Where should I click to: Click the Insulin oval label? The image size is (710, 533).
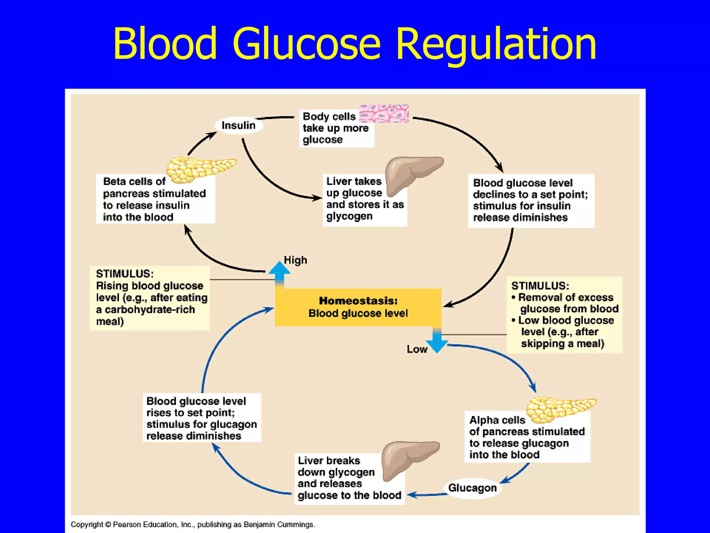pos(239,125)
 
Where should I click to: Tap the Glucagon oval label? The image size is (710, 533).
pos(472,488)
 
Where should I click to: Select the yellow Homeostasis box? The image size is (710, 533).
pos(358,307)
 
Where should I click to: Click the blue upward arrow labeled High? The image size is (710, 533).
pos(279,274)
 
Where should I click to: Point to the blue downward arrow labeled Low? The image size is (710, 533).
pos(437,341)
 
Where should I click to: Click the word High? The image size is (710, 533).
pos(295,260)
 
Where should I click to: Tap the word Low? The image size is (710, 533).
pos(417,349)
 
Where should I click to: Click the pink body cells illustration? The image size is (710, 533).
pos(384,113)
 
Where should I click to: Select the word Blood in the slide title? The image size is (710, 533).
pos(165,44)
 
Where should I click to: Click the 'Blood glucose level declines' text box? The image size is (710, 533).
pos(530,200)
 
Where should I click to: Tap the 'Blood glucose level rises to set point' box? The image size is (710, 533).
pos(201,418)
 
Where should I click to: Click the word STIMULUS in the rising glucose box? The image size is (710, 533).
pos(124,274)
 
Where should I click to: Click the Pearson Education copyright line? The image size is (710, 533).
pos(193,524)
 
